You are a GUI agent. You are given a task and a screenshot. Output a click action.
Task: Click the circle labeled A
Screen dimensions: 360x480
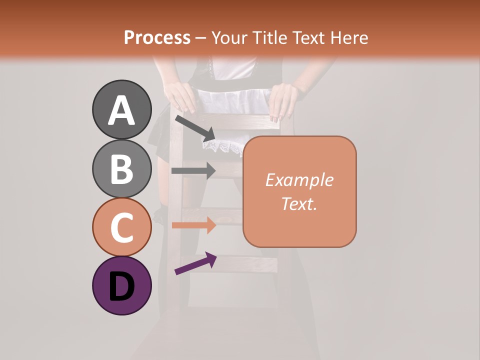(x=121, y=109)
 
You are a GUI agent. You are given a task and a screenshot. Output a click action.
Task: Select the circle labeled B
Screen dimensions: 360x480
(x=121, y=168)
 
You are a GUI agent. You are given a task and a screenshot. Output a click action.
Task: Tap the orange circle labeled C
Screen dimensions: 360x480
(x=121, y=227)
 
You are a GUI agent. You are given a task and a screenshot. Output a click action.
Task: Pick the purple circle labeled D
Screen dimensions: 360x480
(x=121, y=285)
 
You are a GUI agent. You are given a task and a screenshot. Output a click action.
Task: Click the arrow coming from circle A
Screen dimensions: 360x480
(x=195, y=127)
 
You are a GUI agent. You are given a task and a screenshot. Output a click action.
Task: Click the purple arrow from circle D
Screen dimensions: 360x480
(x=195, y=263)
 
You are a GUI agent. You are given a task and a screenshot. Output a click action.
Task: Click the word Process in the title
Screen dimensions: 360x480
(x=157, y=37)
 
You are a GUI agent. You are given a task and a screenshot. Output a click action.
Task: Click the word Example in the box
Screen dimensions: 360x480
(x=299, y=180)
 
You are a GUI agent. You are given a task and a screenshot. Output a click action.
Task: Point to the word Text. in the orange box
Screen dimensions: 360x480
(x=299, y=203)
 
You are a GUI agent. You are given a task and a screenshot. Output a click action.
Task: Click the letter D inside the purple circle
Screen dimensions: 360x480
(x=121, y=286)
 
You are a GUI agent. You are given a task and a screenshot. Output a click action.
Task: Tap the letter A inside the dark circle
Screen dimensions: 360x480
(x=121, y=110)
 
